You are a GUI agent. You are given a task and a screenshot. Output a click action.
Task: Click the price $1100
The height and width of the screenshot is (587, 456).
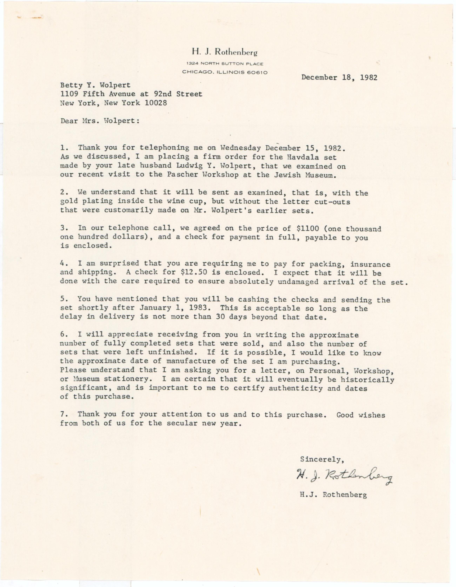(x=308, y=228)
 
